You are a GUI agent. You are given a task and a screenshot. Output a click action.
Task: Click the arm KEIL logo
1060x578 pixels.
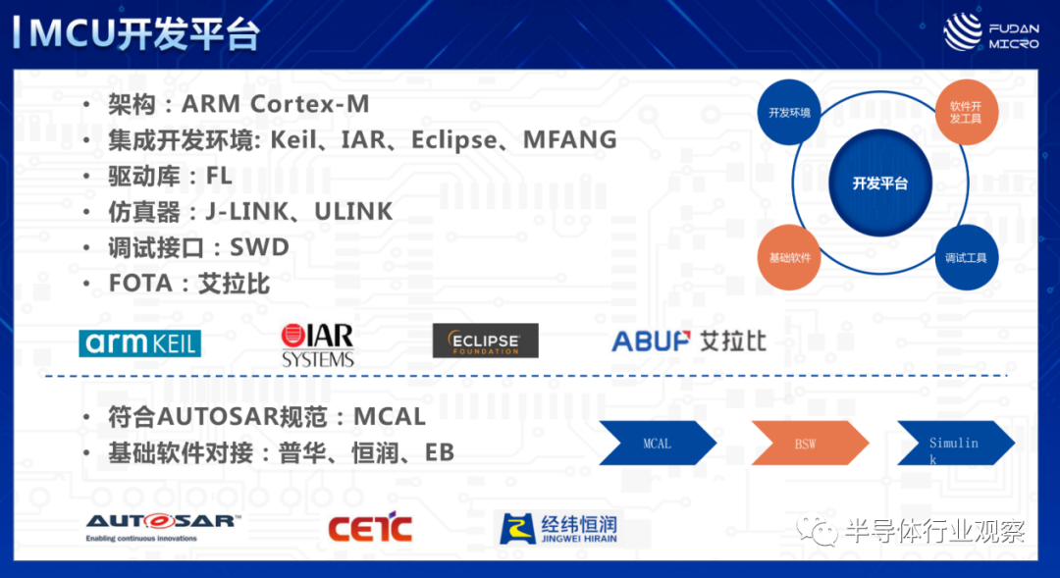coord(140,343)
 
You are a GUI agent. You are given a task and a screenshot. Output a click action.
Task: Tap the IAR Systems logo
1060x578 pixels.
coord(318,344)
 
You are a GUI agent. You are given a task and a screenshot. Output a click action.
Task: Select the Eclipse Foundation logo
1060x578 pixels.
coord(486,341)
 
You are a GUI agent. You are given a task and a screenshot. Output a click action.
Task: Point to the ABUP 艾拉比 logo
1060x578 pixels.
coord(689,342)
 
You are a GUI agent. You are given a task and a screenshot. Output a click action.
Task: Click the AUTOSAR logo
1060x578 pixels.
coord(162,527)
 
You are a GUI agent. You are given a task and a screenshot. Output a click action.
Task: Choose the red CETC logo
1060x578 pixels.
coord(370,527)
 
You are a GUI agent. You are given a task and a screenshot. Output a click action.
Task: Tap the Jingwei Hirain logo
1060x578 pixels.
coord(558,528)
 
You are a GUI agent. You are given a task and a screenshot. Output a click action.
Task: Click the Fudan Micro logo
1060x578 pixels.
coord(990,32)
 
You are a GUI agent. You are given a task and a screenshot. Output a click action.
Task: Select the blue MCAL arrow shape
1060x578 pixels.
coord(657,443)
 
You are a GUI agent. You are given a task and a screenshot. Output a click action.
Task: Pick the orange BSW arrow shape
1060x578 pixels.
coord(810,443)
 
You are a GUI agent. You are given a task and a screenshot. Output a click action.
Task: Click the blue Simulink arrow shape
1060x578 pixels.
coord(956,443)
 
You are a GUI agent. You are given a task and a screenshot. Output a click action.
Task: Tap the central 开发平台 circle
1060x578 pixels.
coord(880,183)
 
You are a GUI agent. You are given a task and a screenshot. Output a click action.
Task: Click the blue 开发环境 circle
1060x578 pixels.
coord(789,112)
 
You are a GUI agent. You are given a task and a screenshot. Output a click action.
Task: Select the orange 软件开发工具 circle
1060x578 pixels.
coord(966,112)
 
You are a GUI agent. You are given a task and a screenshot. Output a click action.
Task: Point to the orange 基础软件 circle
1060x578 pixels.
coord(789,257)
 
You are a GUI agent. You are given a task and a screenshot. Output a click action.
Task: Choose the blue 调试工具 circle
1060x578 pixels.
coord(966,257)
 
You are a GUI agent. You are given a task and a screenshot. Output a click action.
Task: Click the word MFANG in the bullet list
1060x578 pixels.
coord(570,140)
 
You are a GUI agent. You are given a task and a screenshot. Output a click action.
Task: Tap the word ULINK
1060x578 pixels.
coord(353,212)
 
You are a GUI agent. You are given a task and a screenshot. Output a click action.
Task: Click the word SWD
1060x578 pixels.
coord(259,247)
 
